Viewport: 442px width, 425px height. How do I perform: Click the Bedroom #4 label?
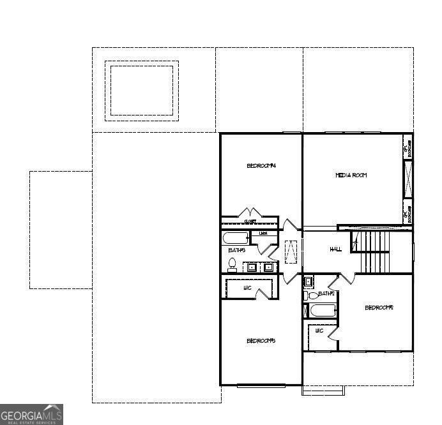261,166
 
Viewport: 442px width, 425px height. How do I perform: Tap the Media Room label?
351,175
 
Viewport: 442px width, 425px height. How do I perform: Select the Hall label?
335,249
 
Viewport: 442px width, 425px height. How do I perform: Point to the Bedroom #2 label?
378,308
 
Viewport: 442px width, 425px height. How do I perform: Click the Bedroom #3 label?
261,341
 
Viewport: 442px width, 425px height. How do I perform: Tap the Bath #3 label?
236,250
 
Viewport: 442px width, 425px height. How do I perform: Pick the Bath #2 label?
326,294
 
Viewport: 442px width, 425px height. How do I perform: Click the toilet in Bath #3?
232,265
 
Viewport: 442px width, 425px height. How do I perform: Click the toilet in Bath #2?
311,295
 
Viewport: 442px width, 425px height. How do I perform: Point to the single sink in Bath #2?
309,281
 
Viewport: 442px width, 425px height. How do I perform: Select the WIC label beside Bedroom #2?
319,331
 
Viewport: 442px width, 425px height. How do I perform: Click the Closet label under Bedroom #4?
250,221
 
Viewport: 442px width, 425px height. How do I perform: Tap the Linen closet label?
263,234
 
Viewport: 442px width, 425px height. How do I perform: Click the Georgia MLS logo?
31,414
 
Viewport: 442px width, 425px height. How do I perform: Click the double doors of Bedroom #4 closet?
248,212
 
